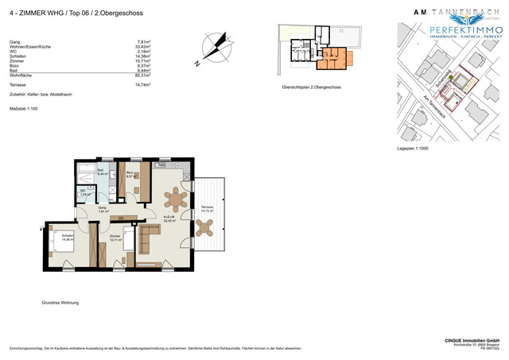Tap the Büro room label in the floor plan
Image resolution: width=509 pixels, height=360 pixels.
(129, 174)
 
